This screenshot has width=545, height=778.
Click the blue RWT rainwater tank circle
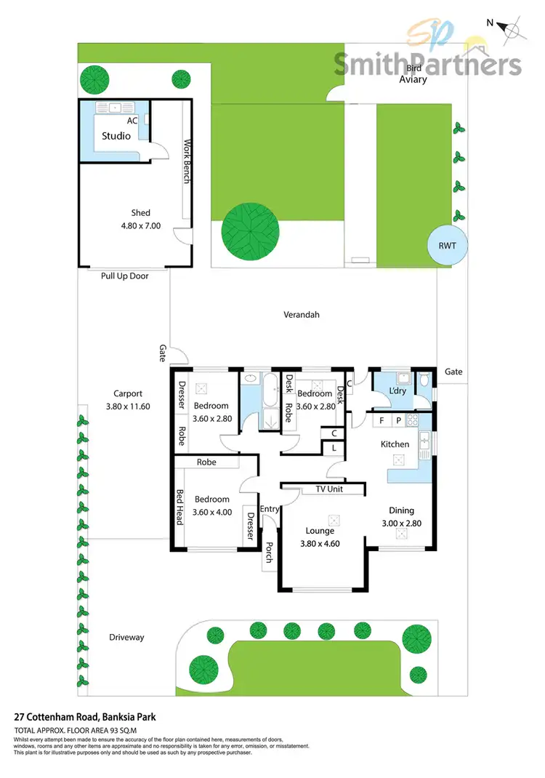447,246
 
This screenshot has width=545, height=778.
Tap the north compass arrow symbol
513,28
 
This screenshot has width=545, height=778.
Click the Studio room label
116,136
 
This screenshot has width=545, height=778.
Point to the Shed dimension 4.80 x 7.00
141,226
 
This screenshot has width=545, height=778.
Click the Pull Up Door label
124,276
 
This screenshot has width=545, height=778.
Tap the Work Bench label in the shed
187,161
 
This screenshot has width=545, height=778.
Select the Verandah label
302,315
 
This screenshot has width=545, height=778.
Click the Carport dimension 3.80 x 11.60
128,406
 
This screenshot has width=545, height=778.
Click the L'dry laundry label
397,391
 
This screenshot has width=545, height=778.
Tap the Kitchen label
395,444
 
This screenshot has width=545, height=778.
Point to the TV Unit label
328,489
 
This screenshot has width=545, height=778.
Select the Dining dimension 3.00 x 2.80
401,523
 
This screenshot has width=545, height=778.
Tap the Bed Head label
180,506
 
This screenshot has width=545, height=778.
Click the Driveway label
127,638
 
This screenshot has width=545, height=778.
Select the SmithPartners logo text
427,64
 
